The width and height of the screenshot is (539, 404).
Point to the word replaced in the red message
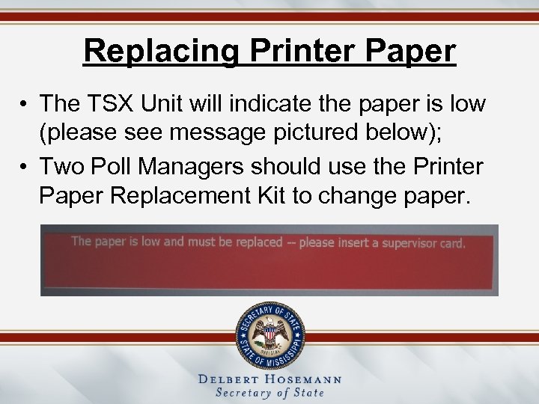click(x=256, y=242)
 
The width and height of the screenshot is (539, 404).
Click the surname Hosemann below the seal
click(x=304, y=379)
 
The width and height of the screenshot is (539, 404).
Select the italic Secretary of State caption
click(x=269, y=394)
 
